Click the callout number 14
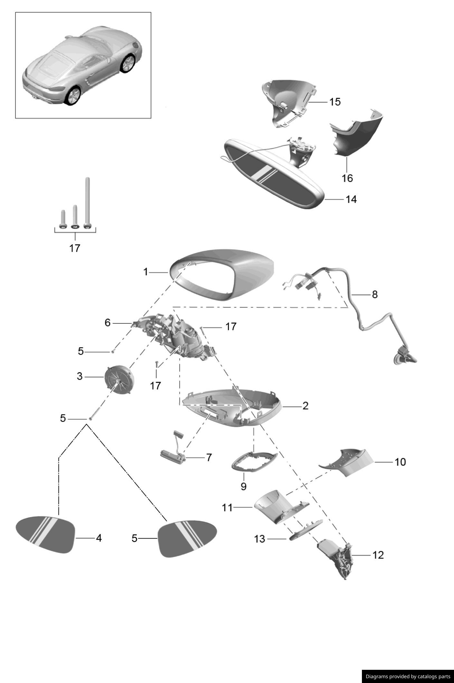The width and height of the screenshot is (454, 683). (351, 199)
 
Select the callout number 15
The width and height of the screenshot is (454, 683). (335, 102)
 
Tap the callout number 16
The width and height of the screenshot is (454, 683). (347, 178)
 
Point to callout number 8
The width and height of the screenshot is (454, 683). (374, 294)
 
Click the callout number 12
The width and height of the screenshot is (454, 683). (378, 555)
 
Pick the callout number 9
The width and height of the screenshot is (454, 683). (243, 486)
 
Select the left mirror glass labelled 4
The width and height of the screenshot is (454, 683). (45, 535)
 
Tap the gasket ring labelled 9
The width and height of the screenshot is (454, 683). (254, 462)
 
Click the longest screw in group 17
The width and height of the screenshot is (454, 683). (87, 203)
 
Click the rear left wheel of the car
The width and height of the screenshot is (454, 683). (72, 96)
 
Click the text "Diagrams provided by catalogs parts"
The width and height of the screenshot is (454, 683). (408, 677)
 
